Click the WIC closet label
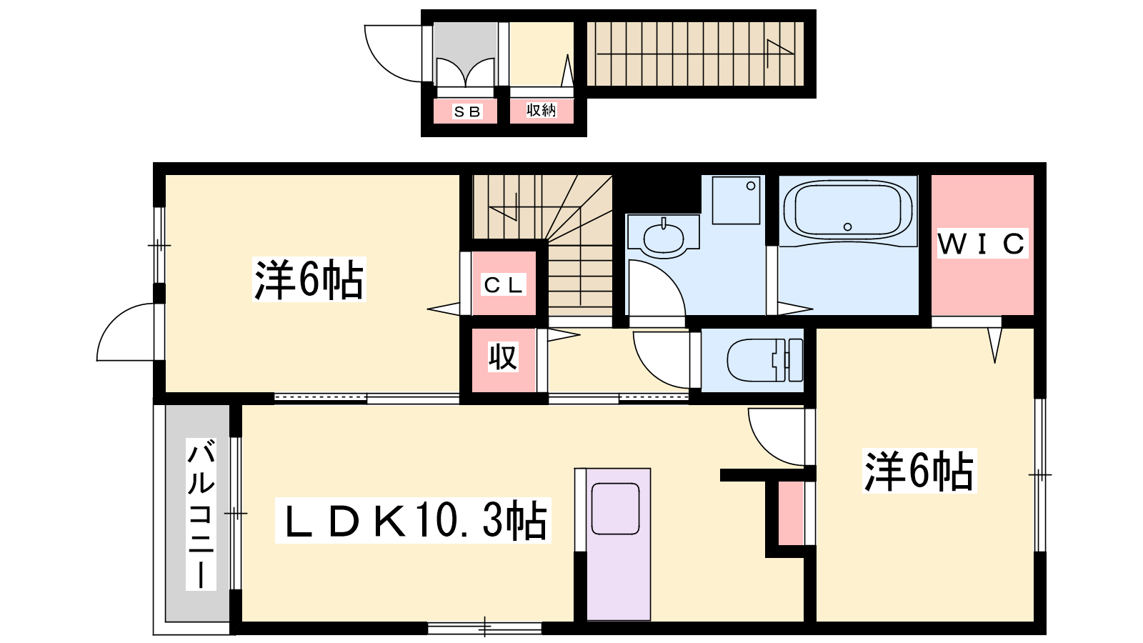click(x=982, y=244)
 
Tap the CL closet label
click(x=504, y=285)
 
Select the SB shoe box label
click(x=467, y=111)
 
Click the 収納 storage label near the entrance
click(x=541, y=110)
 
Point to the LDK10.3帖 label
click(x=414, y=520)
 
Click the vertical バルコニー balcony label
click(x=201, y=514)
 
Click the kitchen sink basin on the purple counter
click(x=615, y=509)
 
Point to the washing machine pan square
click(x=737, y=200)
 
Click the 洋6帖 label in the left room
click(x=309, y=279)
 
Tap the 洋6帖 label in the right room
click(x=919, y=471)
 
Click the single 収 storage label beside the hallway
click(x=503, y=357)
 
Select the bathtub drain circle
click(x=847, y=226)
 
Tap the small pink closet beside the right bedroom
click(x=790, y=513)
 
